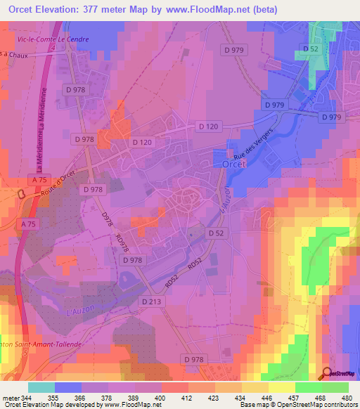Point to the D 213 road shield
(x=151, y=301)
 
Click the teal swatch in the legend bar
(x=41, y=387)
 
